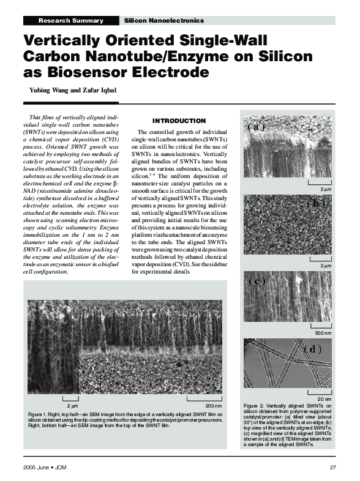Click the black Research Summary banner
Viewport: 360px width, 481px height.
pos(70,21)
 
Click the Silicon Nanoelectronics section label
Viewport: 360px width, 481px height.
pos(163,21)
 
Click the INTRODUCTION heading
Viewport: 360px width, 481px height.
pos(179,121)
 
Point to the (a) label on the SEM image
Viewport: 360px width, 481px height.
pos(256,127)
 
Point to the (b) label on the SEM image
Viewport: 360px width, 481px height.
pos(315,202)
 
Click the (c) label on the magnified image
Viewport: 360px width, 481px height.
pos(257,282)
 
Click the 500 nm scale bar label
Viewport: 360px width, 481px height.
pos(322,332)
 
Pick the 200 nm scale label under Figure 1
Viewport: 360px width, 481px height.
pos(213,406)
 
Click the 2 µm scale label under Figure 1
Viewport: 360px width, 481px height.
pos(72,406)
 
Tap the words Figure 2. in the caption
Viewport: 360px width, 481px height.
pos(255,406)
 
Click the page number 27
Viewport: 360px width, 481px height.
pos(333,468)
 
